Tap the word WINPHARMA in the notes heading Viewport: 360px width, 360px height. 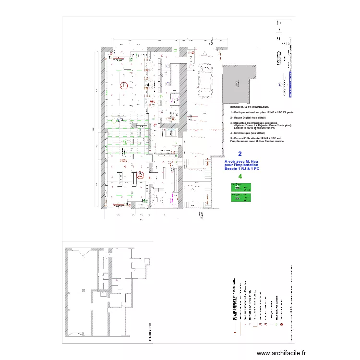pos(259,107)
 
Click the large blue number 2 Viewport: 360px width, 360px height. pos(240,155)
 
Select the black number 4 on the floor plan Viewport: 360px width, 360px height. pos(148,85)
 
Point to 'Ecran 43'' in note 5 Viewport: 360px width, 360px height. pos(239,138)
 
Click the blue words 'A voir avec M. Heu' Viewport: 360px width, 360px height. pos(241,162)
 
